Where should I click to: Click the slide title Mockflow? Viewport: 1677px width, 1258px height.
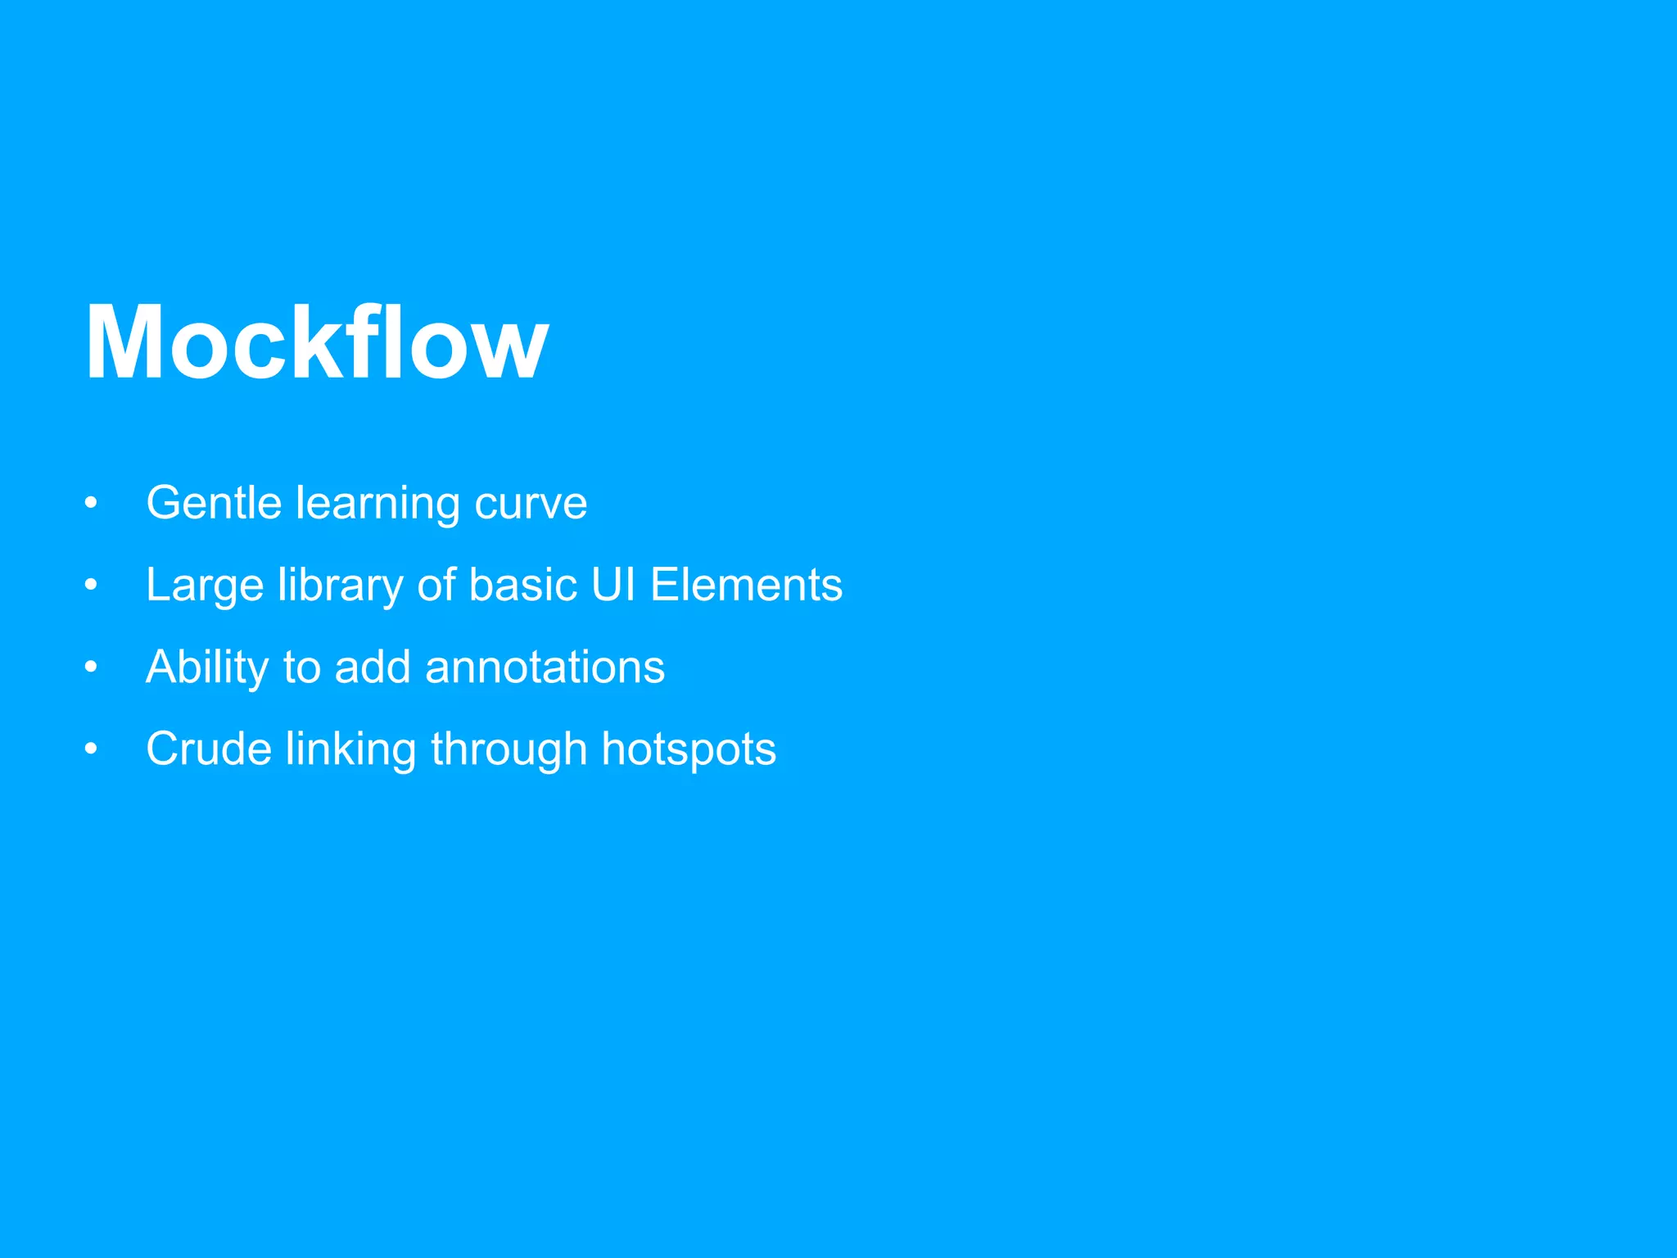[x=316, y=342]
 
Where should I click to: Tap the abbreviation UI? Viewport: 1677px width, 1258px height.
[x=613, y=585]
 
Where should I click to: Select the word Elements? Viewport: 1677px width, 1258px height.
[x=746, y=585]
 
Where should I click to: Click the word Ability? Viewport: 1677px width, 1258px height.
[x=207, y=667]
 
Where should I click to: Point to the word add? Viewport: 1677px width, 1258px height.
[x=373, y=667]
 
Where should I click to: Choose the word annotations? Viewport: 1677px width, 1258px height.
[x=545, y=667]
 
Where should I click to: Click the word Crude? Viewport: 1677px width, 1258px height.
[x=208, y=749]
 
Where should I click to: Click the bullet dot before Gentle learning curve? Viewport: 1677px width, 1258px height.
[x=91, y=503]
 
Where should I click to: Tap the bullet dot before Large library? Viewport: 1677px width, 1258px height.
[x=91, y=585]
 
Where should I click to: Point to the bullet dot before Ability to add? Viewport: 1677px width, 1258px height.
[x=91, y=667]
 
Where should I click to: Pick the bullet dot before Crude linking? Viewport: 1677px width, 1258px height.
[x=91, y=749]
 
